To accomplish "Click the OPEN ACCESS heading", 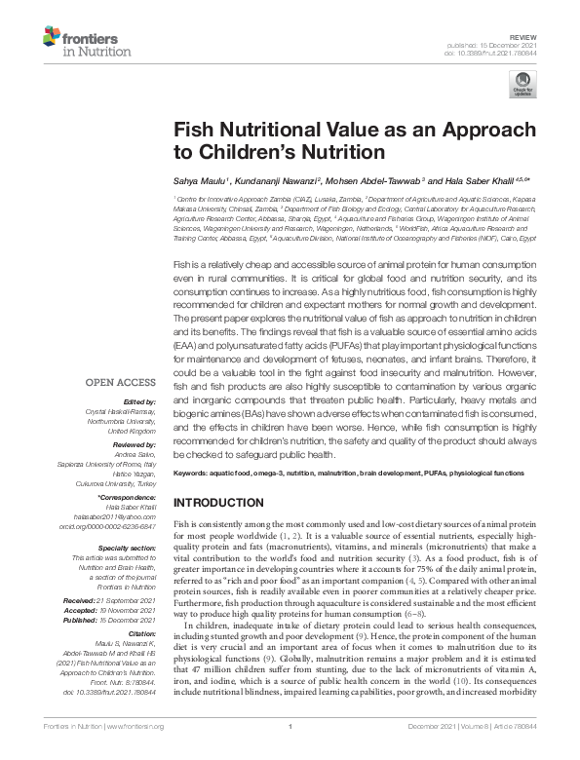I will [x=122, y=382].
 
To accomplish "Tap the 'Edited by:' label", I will [x=138, y=402].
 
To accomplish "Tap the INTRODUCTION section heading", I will [x=224, y=502].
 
